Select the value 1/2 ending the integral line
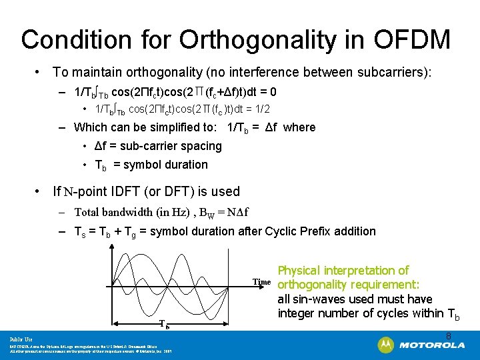pyautogui.click(x=261, y=109)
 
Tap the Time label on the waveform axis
pyautogui.click(x=261, y=282)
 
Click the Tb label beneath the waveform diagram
pyautogui.click(x=164, y=325)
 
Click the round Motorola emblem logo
pyautogui.click(x=386, y=345)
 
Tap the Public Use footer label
pyautogui.click(x=21, y=339)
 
